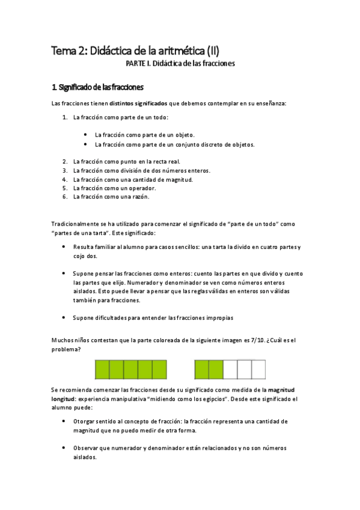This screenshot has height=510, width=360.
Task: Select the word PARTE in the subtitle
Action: pyautogui.click(x=136, y=63)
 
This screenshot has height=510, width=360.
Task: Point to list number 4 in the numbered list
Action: pyautogui.click(x=64, y=179)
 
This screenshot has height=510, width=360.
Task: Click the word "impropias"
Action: pyautogui.click(x=217, y=317)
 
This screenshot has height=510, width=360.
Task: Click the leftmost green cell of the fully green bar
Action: pyautogui.click(x=102, y=369)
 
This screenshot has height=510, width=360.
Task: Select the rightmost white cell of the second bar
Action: pyautogui.click(x=258, y=369)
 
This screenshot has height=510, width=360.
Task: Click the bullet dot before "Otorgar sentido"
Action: pyautogui.click(x=64, y=422)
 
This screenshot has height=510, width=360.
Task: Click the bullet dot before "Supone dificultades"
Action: pyautogui.click(x=64, y=317)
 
